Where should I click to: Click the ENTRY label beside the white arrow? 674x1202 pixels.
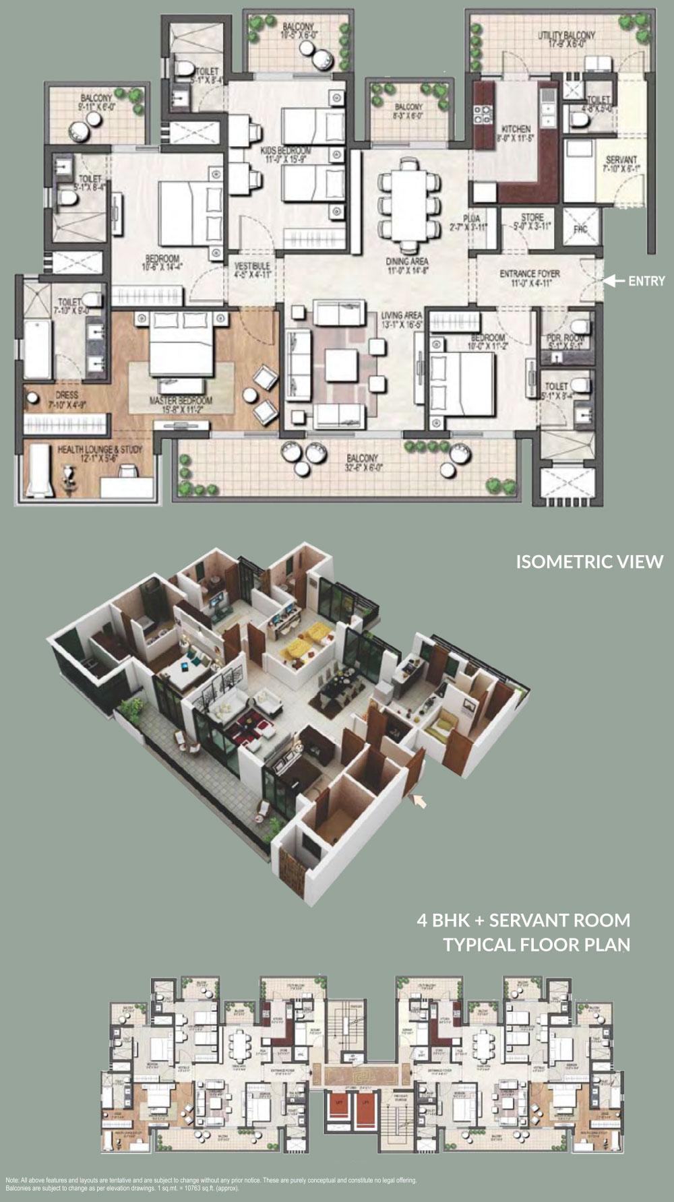tap(646, 281)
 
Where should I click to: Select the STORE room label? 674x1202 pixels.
tap(532, 218)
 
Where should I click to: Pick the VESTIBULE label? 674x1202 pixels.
tap(252, 267)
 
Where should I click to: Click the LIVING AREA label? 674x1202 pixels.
tap(401, 315)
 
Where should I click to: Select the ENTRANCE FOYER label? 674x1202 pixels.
tap(530, 274)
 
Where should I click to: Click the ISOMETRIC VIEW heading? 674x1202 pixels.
tap(589, 561)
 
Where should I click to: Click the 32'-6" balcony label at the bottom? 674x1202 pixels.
tap(363, 459)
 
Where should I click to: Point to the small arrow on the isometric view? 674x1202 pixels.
tap(419, 800)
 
